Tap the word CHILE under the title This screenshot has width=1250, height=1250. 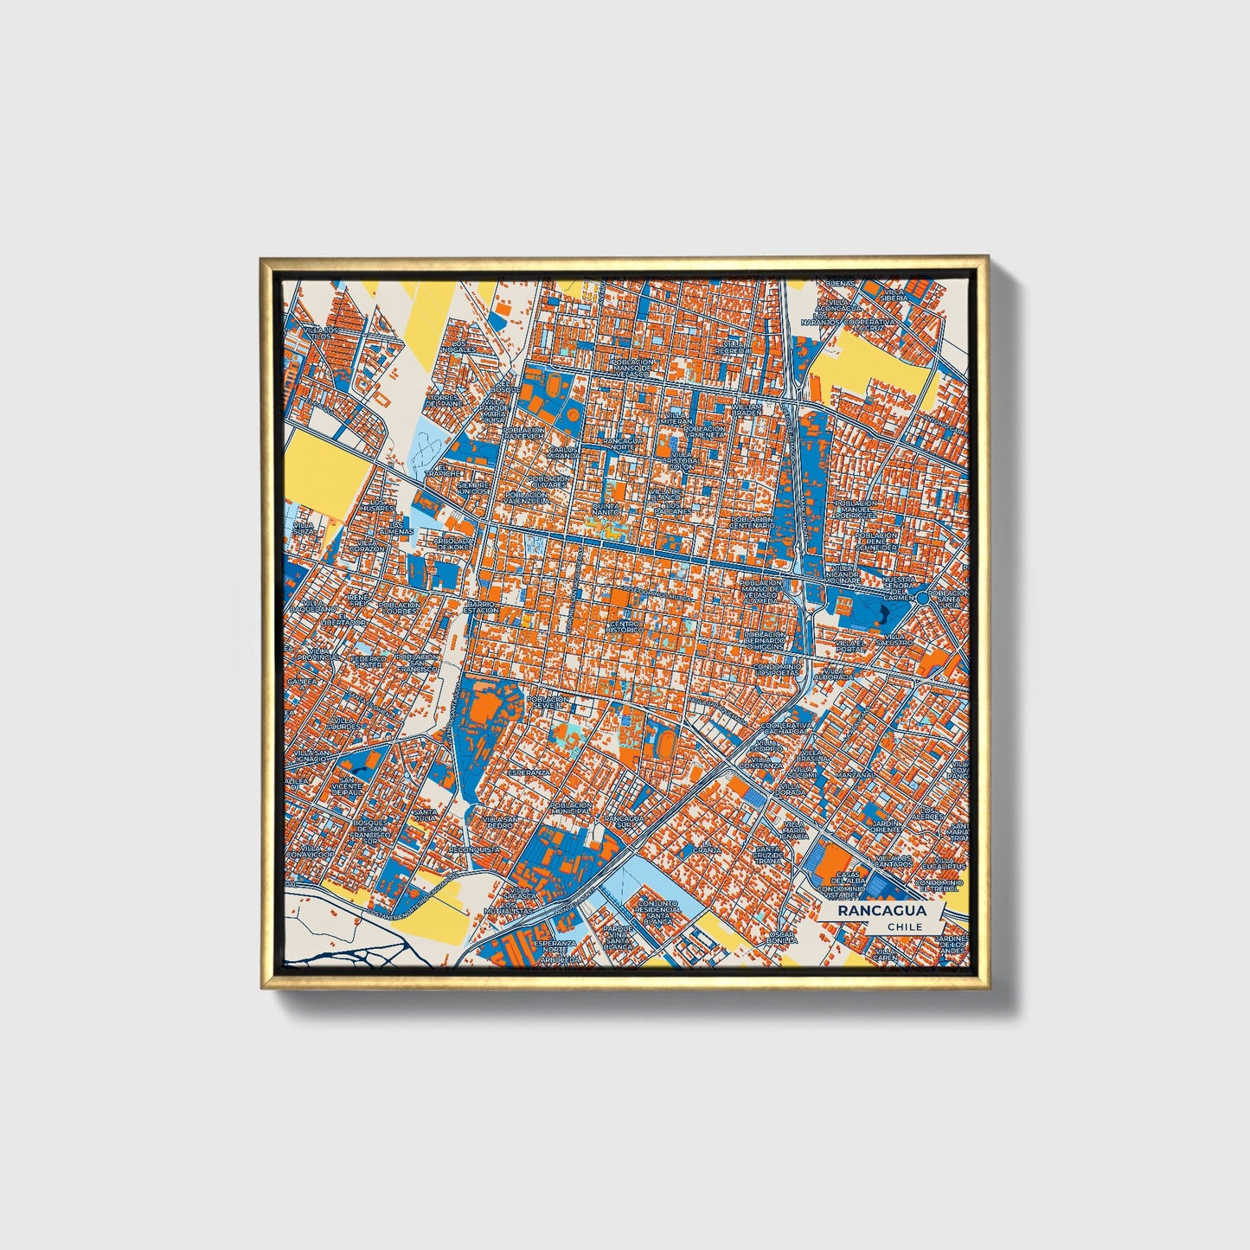coord(905,926)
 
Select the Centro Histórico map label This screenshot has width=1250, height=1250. coord(625,626)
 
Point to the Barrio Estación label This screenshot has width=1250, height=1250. coord(480,606)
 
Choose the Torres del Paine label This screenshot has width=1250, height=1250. coord(444,401)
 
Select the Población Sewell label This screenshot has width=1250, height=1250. coord(548,702)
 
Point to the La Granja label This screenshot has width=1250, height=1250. coord(711,847)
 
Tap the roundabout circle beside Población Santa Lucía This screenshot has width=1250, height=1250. coord(923,598)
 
